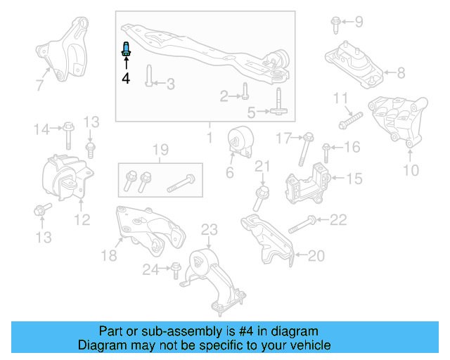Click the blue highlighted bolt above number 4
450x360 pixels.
pos(127,49)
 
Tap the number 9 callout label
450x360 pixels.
pos(359,22)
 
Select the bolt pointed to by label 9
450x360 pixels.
pos(335,25)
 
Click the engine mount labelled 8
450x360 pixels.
pos(354,64)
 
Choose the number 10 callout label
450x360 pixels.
pos(411,169)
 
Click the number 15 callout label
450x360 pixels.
pos(354,179)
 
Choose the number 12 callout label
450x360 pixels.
pos(82,219)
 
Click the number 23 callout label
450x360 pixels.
pos(210,229)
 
